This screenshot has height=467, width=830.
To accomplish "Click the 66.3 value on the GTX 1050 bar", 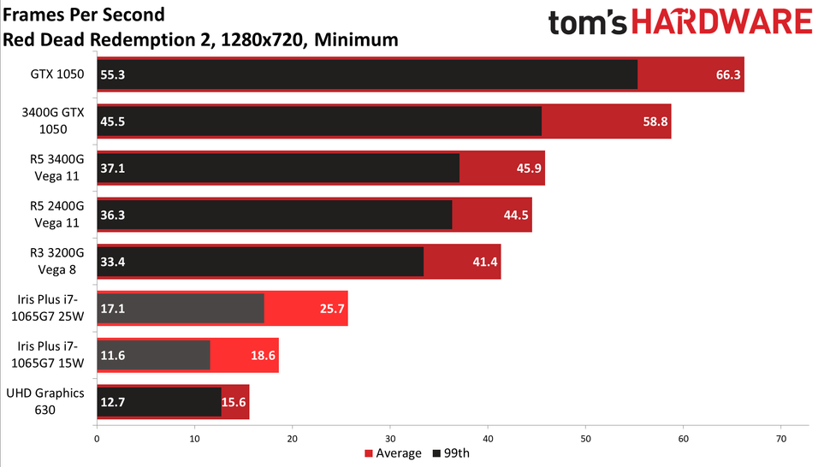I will [x=728, y=74].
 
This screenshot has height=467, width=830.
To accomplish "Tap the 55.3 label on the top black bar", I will [x=112, y=74].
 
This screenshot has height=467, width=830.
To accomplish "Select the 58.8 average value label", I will [x=655, y=121].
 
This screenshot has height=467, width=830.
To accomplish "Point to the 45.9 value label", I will [x=530, y=168].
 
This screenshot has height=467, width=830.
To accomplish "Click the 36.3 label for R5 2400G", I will [x=112, y=216].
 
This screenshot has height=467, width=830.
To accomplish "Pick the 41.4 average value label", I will [x=485, y=263].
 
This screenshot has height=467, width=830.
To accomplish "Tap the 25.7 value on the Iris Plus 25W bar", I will [x=332, y=309].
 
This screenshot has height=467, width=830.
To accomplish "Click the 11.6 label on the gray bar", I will [x=112, y=355].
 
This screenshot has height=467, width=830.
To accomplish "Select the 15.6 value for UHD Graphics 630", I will [x=234, y=402].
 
